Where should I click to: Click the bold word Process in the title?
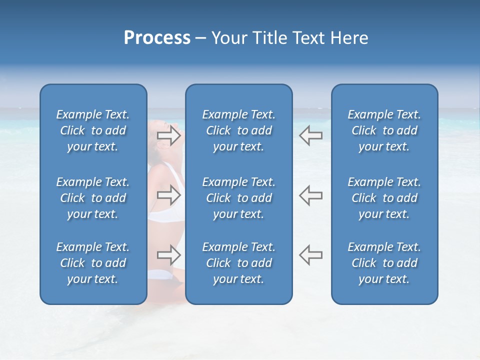click(x=157, y=38)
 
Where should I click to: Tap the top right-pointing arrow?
click(x=169, y=135)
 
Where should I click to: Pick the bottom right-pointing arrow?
click(x=169, y=254)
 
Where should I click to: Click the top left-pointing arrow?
click(x=310, y=135)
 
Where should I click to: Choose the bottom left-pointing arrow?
click(x=310, y=254)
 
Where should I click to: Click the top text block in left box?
click(x=92, y=130)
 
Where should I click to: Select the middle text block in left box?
click(x=92, y=198)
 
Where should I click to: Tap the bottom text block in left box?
click(x=92, y=263)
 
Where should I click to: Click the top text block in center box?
click(x=238, y=130)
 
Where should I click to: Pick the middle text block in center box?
click(x=238, y=198)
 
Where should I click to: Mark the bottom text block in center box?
click(x=238, y=263)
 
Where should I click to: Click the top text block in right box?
click(x=384, y=130)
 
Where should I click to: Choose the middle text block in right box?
click(x=384, y=198)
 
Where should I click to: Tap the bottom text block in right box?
click(x=384, y=263)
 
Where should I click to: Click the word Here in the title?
click(x=350, y=38)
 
